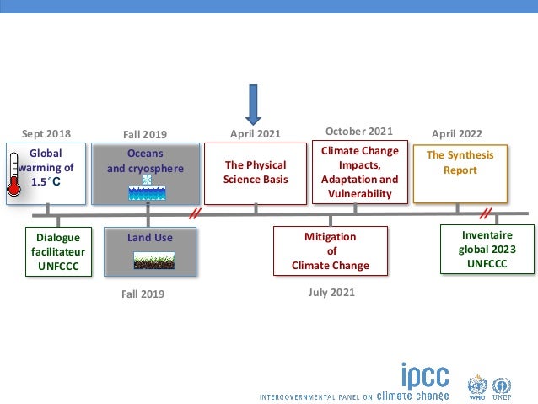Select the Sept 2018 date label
46,133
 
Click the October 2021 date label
359,131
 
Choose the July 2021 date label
331,293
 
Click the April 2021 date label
255,133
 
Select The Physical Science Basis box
255,172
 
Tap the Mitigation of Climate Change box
331,251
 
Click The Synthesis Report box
460,172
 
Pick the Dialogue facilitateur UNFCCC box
56,251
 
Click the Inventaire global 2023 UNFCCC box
487,250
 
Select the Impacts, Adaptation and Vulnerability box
360,172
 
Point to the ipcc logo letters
423,375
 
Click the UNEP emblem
503,387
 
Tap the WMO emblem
478,387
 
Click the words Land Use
150,238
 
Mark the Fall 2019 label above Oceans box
145,134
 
